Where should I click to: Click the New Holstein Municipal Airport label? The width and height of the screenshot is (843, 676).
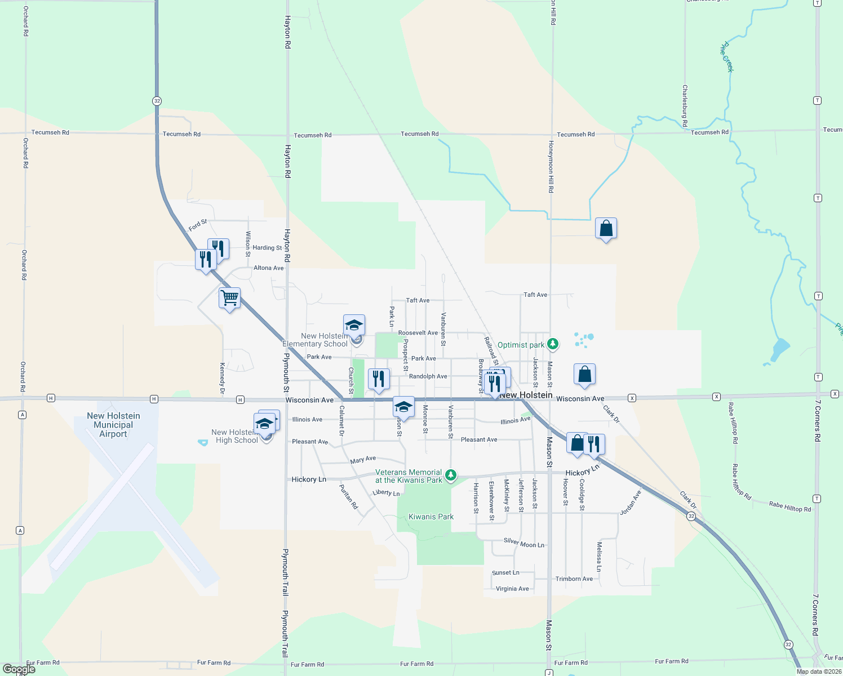tap(113, 425)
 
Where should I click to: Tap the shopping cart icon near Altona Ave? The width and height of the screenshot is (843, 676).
tap(229, 297)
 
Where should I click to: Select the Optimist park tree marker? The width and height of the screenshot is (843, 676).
tap(553, 344)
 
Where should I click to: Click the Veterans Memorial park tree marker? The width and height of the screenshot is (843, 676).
tap(451, 475)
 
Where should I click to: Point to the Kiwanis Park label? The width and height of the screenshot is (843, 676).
tap(431, 517)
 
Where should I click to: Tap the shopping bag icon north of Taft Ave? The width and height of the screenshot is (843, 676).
tap(606, 228)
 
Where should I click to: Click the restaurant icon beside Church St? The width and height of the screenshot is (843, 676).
tap(379, 379)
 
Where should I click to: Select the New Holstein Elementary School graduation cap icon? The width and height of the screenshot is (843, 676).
tap(354, 325)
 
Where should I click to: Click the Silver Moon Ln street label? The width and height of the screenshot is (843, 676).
tap(524, 543)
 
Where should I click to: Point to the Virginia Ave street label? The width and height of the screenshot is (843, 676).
tap(512, 589)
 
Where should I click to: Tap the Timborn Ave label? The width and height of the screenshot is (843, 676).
tap(574, 579)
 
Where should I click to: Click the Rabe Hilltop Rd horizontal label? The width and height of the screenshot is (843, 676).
tap(790, 507)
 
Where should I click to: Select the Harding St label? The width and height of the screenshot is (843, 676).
tap(267, 247)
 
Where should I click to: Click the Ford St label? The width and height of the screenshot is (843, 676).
tap(198, 225)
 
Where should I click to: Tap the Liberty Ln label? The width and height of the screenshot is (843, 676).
tap(386, 493)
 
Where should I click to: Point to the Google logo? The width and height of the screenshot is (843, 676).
tap(19, 669)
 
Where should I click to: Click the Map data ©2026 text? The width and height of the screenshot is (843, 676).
tap(819, 671)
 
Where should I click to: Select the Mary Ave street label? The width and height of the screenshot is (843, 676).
tap(363, 460)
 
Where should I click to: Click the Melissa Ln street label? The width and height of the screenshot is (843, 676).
tap(599, 557)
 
